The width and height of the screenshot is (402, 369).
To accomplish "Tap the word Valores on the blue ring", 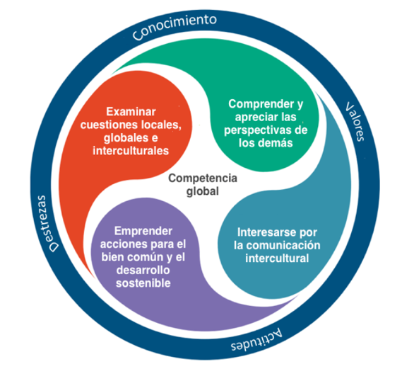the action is click(x=355, y=122).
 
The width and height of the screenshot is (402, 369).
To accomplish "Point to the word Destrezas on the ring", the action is click(x=47, y=224).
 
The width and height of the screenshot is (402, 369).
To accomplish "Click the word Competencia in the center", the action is click(x=203, y=178).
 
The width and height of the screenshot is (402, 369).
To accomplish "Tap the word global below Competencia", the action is click(x=203, y=191).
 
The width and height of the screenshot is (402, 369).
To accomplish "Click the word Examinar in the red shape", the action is click(x=131, y=112).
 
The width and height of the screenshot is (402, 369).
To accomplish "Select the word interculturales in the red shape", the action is click(x=131, y=151).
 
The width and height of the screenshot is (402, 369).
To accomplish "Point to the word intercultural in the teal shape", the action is click(x=277, y=259).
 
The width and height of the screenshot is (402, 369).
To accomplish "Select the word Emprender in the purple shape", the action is click(x=143, y=232).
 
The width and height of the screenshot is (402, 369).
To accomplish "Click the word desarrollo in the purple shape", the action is click(x=143, y=271).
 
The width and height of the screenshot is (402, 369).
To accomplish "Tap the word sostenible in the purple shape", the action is click(x=143, y=283).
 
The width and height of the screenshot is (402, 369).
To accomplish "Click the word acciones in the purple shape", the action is click(x=122, y=244).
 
